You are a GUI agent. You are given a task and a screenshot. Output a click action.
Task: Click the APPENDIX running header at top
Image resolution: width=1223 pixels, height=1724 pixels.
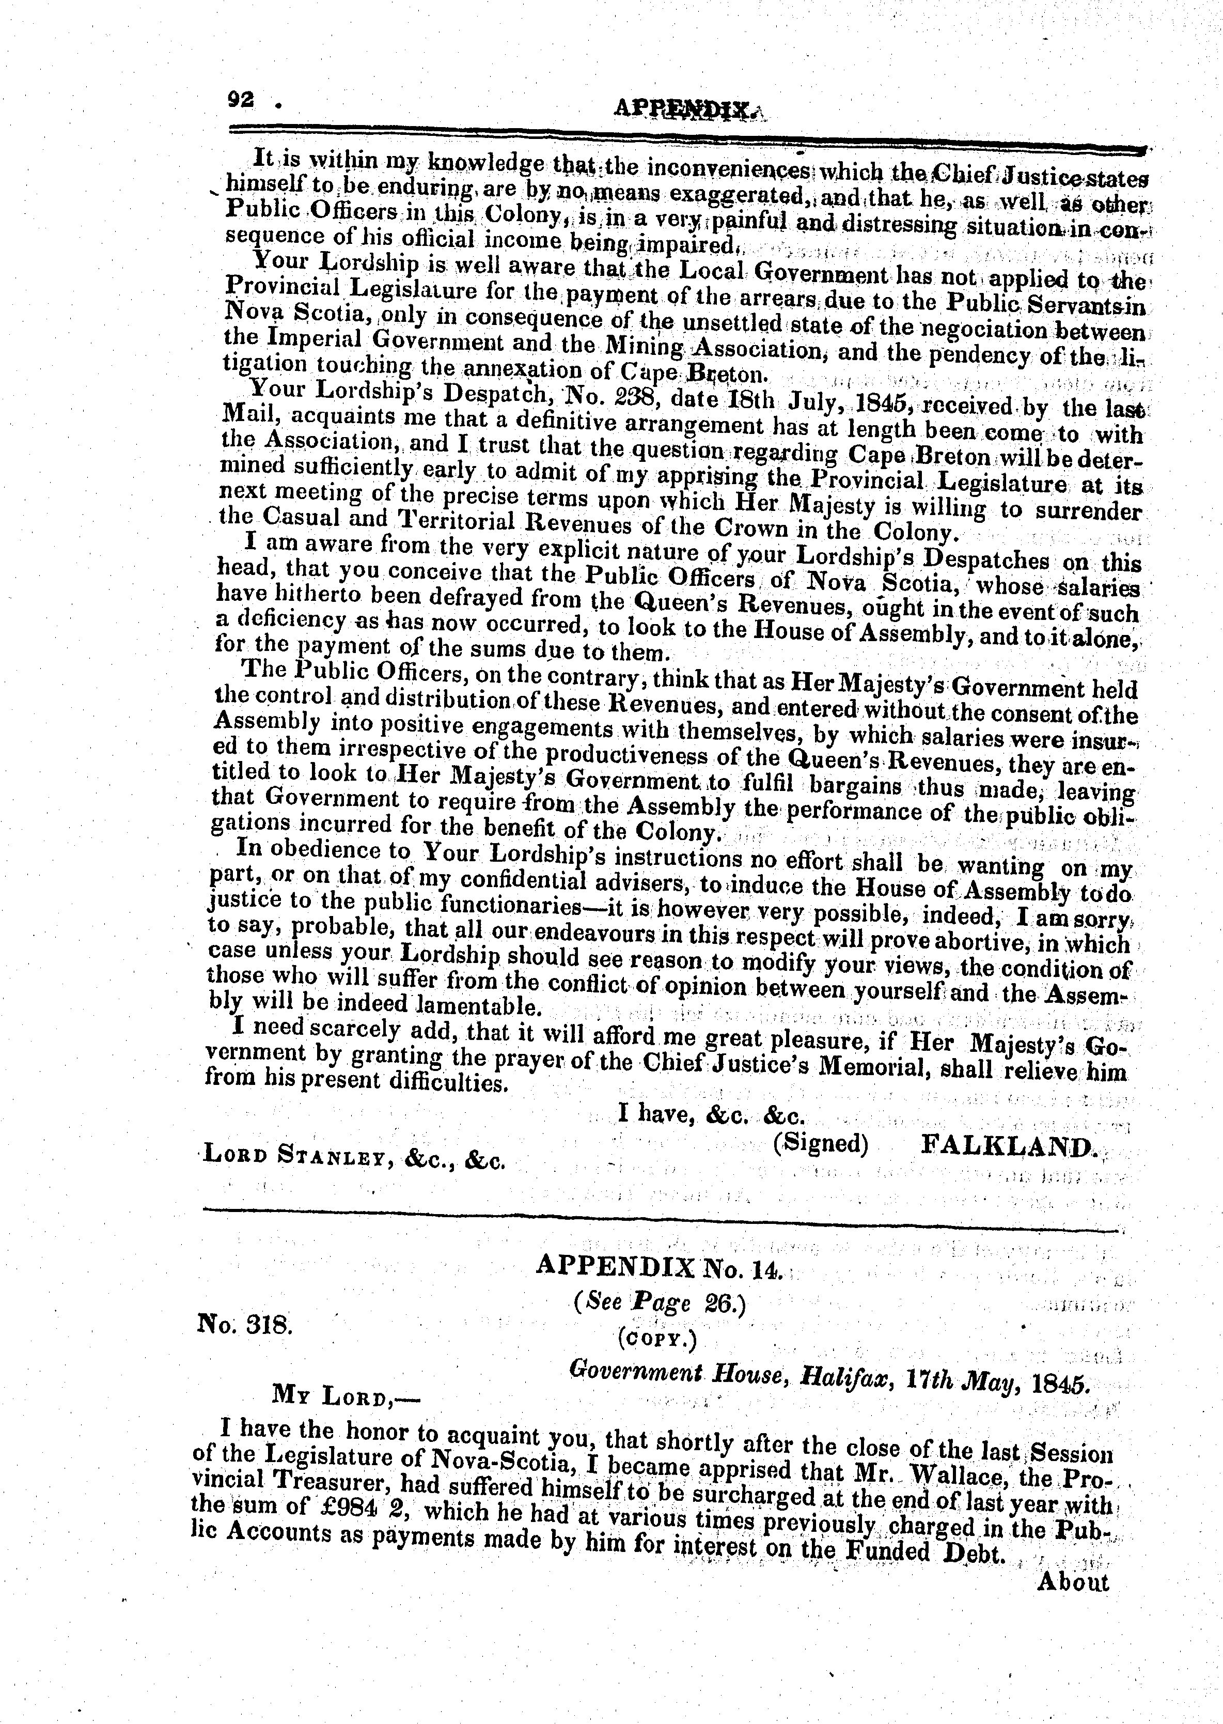(x=682, y=111)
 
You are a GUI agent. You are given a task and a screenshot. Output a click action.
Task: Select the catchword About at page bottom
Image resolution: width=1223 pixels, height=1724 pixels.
(x=1072, y=1581)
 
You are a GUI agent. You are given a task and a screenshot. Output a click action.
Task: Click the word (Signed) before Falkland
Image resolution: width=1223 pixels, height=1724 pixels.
(x=820, y=1144)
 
